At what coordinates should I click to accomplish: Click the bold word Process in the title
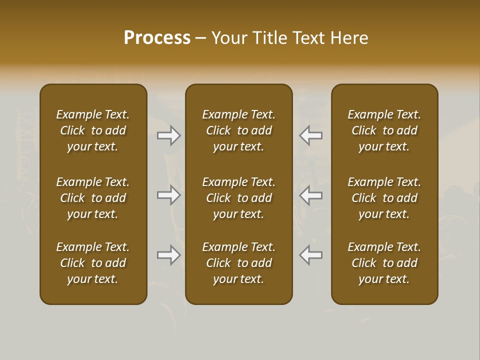(x=157, y=38)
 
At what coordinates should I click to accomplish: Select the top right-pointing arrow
(x=169, y=135)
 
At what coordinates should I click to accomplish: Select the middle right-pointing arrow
(x=169, y=195)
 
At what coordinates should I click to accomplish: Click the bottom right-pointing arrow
(x=169, y=255)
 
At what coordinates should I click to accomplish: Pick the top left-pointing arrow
(x=311, y=135)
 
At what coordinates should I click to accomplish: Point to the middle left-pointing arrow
(x=311, y=195)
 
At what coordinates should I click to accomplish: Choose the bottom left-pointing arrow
(x=311, y=255)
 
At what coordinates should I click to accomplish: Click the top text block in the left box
(x=93, y=130)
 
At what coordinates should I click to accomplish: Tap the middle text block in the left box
(x=93, y=198)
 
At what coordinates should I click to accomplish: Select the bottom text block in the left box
(x=93, y=263)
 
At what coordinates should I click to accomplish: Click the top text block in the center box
(x=238, y=130)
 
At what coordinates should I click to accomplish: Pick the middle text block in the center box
(x=238, y=198)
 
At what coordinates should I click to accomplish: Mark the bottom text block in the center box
(x=238, y=263)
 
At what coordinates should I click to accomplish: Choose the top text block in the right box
(x=384, y=130)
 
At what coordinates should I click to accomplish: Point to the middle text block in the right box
(x=384, y=198)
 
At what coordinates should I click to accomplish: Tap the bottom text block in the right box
(x=384, y=263)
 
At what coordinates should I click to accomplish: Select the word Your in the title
(x=229, y=38)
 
